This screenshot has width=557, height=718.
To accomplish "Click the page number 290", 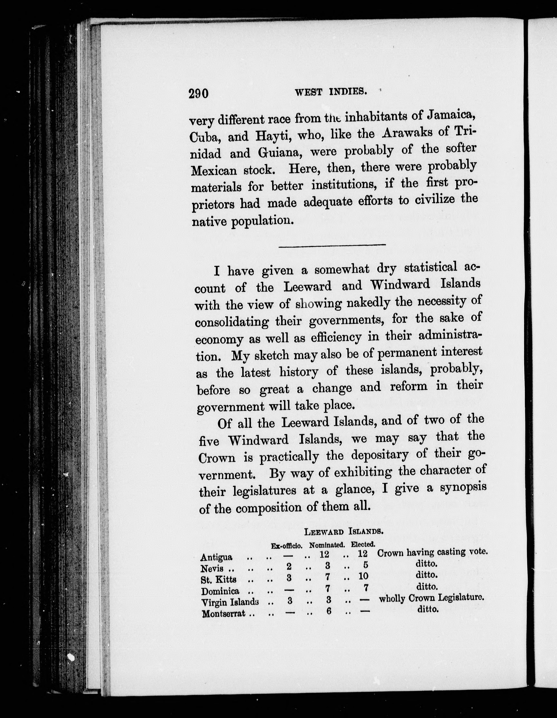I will [x=198, y=94].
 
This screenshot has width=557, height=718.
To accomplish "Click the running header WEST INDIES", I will [x=331, y=92].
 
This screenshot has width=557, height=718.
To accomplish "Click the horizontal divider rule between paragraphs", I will [x=332, y=245].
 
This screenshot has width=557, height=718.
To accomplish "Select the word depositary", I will [x=380, y=455].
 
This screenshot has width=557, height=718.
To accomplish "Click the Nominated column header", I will [x=327, y=545].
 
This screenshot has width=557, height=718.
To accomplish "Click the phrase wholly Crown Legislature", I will [x=431, y=598].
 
